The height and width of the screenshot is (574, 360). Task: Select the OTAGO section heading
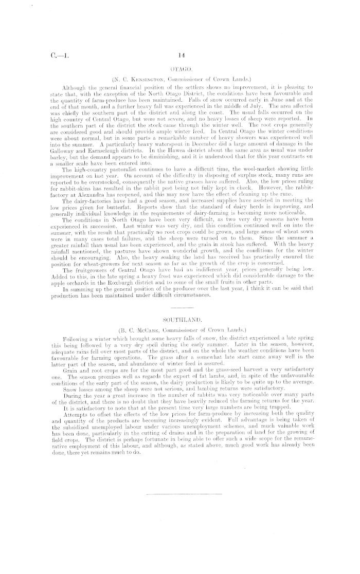tap(180, 68)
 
